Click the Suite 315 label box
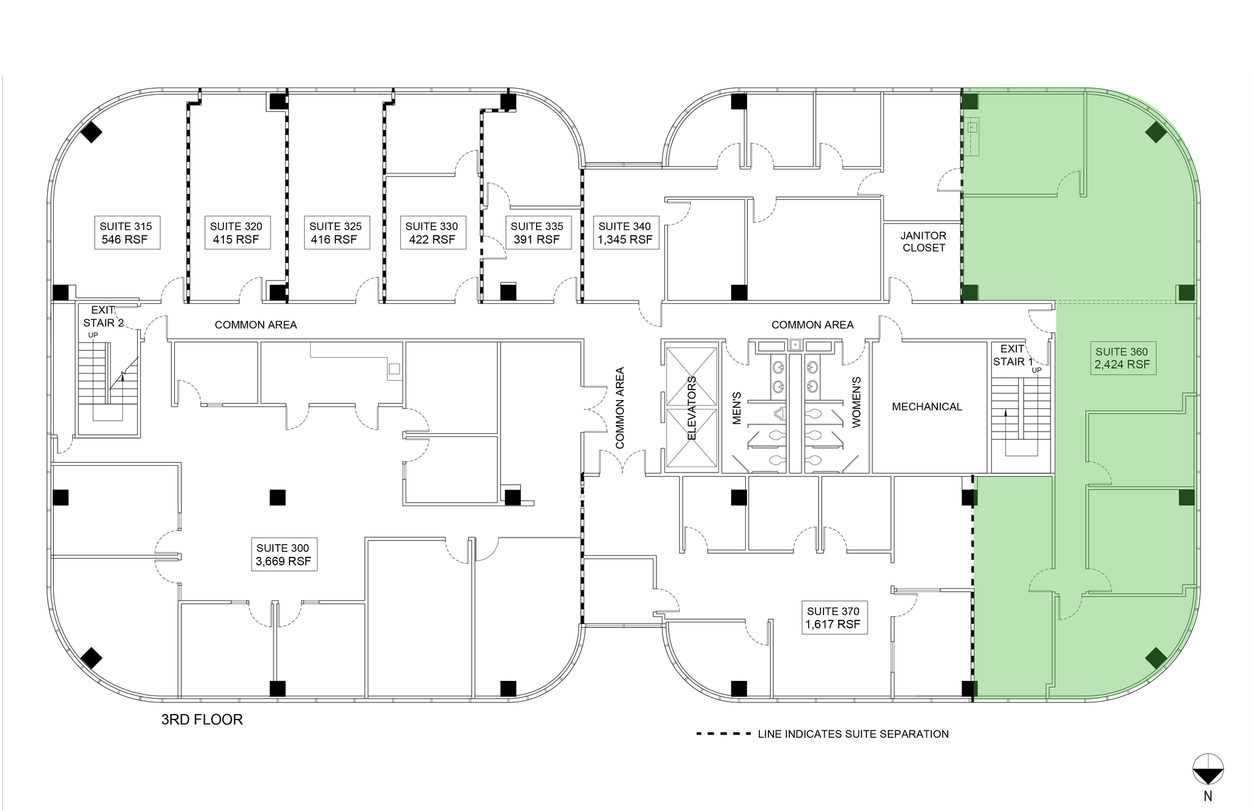point(126,232)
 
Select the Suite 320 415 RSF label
point(236,232)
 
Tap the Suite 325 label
point(335,232)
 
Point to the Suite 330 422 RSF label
point(432,232)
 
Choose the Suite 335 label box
point(537,232)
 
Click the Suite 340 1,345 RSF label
point(625,232)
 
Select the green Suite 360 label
point(1122,358)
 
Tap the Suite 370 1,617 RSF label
point(833,617)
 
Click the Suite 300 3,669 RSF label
point(283,554)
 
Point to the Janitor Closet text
point(923,241)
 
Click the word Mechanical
point(927,407)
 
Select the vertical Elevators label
point(692,408)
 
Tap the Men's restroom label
point(737,408)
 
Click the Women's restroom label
point(856,402)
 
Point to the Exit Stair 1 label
point(1013,355)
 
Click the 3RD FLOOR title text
point(202,720)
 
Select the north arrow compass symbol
point(1208,769)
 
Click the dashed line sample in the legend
point(723,734)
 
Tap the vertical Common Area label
point(620,408)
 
